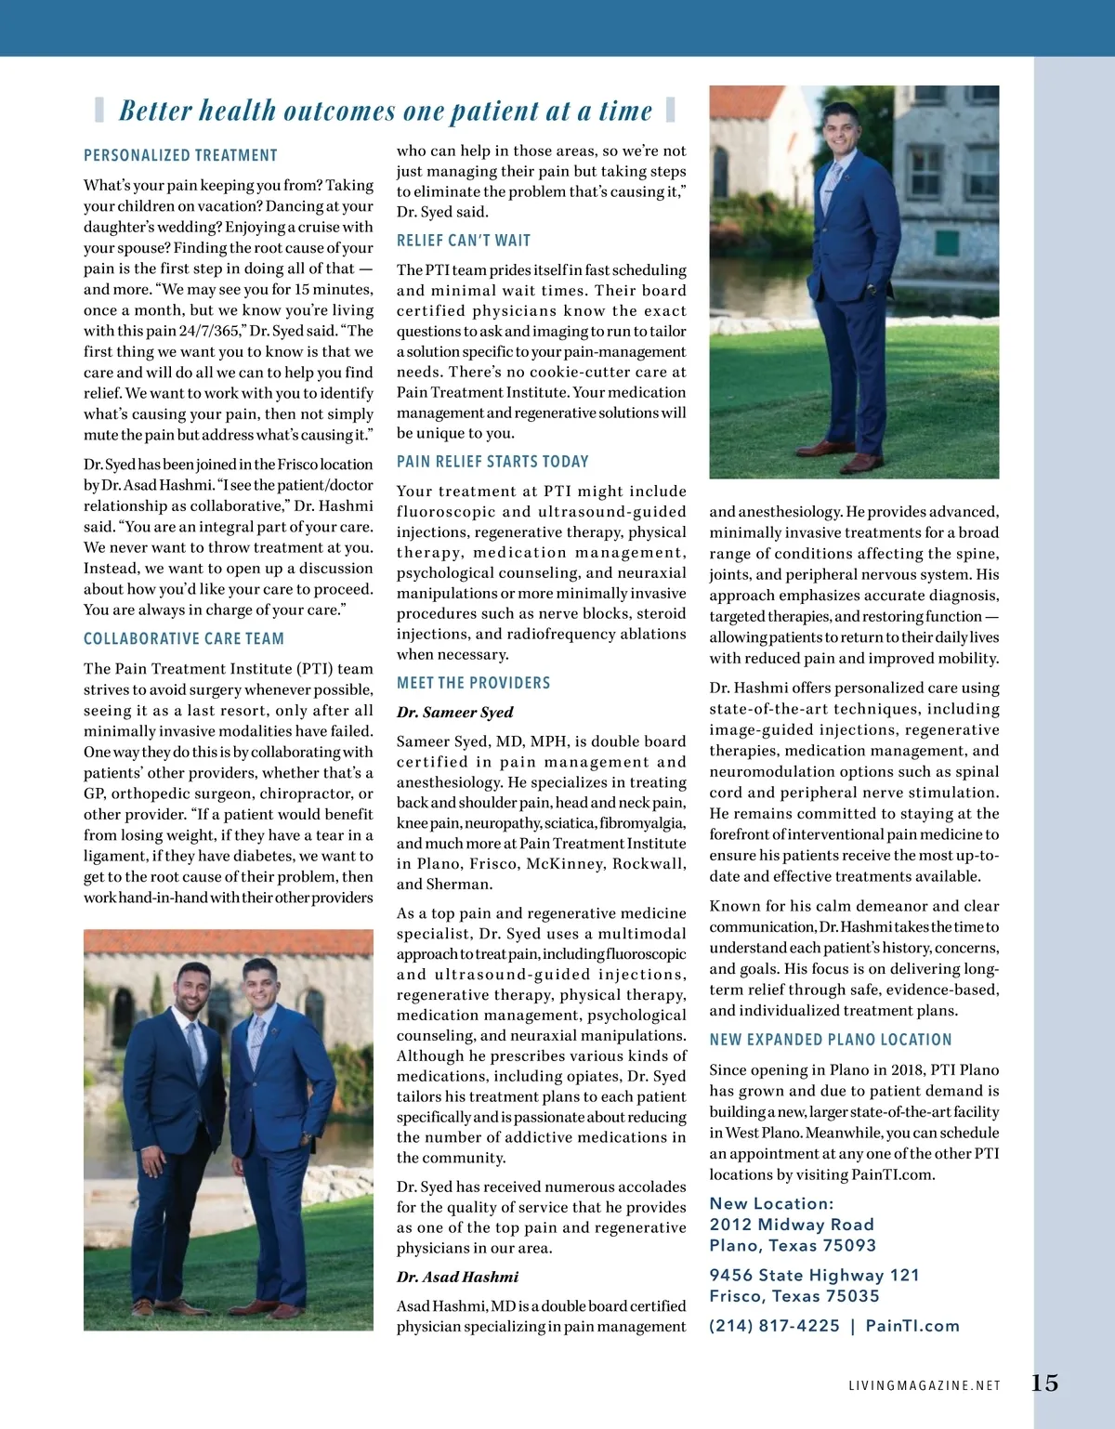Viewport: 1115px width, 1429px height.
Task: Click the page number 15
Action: (1044, 1383)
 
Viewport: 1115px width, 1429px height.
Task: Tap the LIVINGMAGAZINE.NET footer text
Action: (925, 1385)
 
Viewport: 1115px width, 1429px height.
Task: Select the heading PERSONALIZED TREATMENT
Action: (180, 155)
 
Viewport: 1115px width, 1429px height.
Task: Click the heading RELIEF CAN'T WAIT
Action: (464, 241)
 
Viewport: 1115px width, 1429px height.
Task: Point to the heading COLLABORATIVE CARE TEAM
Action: (184, 639)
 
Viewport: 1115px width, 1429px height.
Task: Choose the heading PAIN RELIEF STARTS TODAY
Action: (492, 462)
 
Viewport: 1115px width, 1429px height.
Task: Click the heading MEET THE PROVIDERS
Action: (473, 683)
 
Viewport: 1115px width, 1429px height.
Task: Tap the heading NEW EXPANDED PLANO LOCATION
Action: (831, 1040)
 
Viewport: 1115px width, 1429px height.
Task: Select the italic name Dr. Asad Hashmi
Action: (457, 1277)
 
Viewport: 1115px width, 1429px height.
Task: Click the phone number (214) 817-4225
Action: (774, 1326)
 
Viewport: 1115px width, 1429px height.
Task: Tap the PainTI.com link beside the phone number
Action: (912, 1326)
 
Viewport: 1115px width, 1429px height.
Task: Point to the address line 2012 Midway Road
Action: (792, 1225)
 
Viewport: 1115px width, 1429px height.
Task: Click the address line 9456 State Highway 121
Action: (814, 1275)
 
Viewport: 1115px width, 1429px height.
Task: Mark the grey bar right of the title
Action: (670, 110)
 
